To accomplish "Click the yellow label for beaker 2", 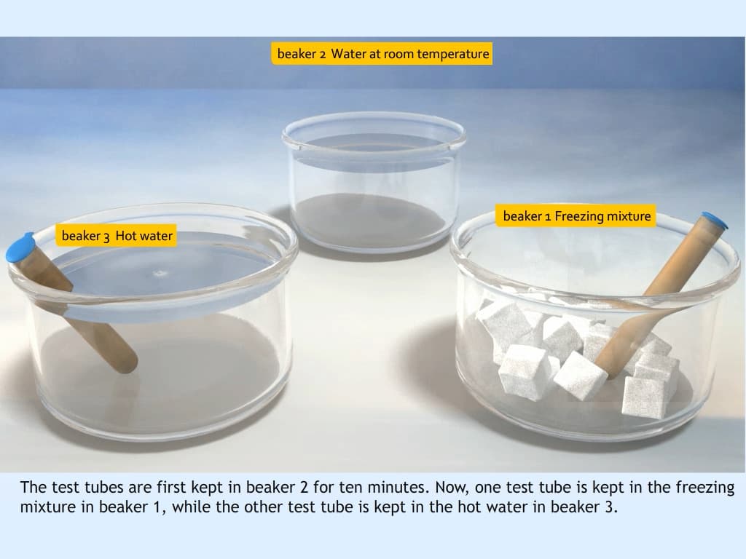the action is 382,54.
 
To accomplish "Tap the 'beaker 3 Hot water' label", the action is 117,236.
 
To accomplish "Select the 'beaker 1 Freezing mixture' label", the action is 576,216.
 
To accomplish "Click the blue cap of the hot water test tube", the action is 20,247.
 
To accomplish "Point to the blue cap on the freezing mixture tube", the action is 714,220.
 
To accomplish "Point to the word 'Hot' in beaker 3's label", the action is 125,236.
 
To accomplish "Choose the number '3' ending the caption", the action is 610,507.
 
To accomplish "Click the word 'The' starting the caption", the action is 34,488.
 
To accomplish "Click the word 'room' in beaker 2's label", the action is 398,54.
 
